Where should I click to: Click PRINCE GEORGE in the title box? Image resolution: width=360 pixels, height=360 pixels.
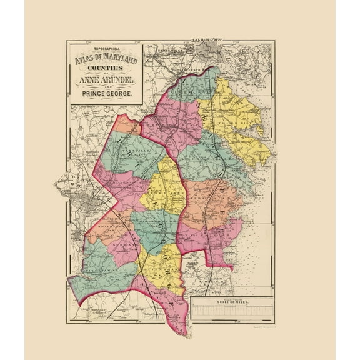tap(105, 94)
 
